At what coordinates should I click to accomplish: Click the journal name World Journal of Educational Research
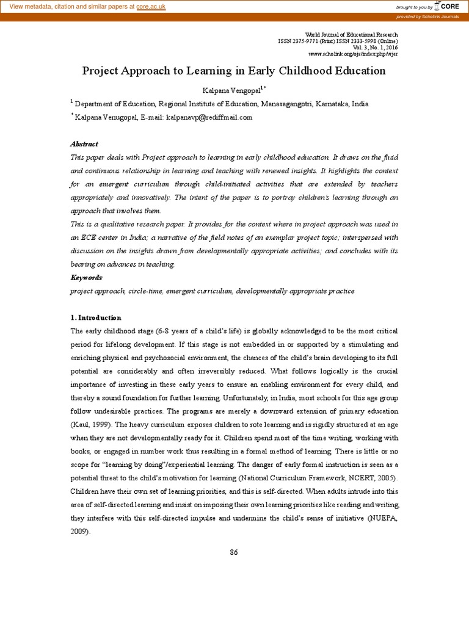click(x=351, y=34)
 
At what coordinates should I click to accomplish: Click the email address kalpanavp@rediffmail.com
click(x=209, y=117)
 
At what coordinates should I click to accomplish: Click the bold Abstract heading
click(x=84, y=144)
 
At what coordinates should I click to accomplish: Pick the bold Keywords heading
click(x=87, y=278)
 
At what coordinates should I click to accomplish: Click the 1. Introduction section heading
click(x=96, y=317)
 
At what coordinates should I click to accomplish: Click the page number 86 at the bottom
click(x=234, y=552)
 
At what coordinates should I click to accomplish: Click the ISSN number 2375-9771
click(x=305, y=40)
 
